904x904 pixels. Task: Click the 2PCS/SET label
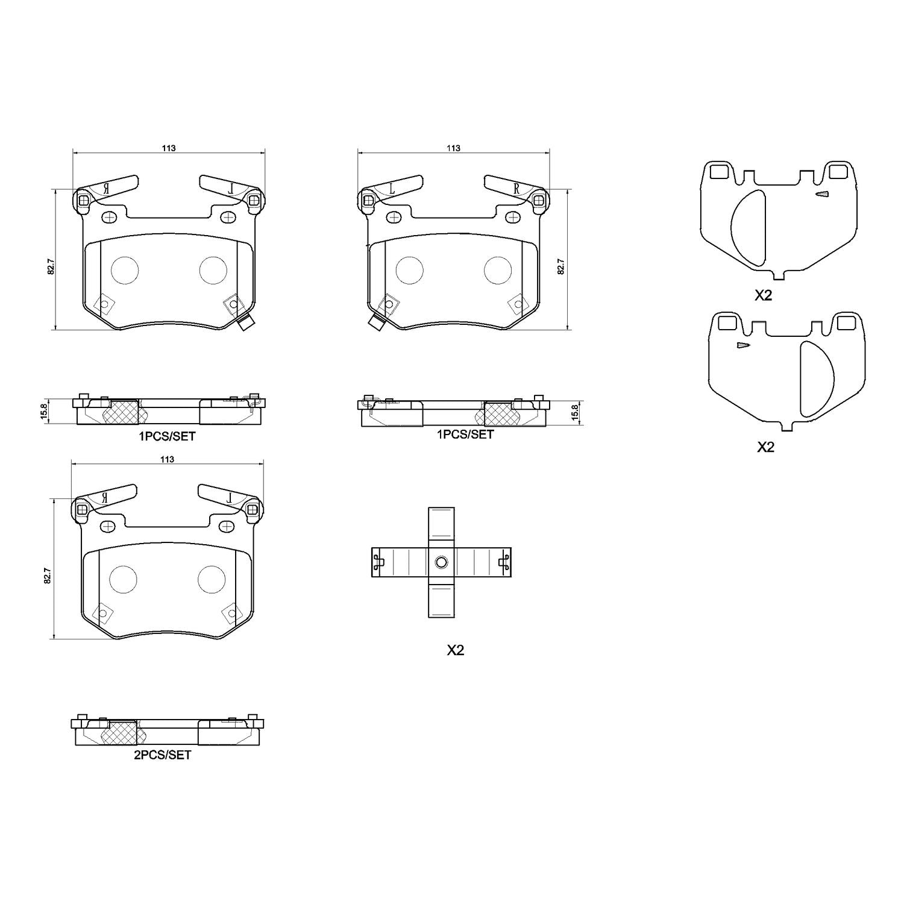[162, 755]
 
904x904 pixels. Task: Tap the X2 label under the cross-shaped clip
[455, 650]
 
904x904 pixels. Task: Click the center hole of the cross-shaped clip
[441, 563]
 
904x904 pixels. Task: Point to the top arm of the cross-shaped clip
[441, 527]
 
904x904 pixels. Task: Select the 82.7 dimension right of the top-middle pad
[561, 267]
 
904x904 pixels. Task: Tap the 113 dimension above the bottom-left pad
[168, 459]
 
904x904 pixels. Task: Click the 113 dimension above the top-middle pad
[453, 148]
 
